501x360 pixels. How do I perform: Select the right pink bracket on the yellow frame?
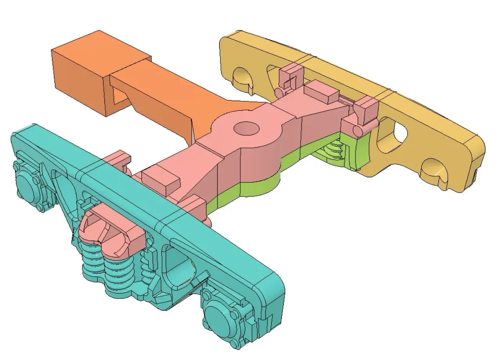[366, 108]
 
